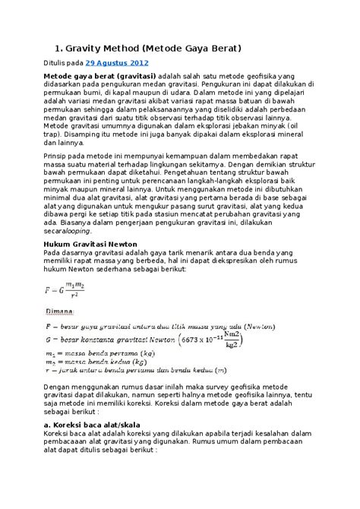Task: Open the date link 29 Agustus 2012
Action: (x=117, y=63)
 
